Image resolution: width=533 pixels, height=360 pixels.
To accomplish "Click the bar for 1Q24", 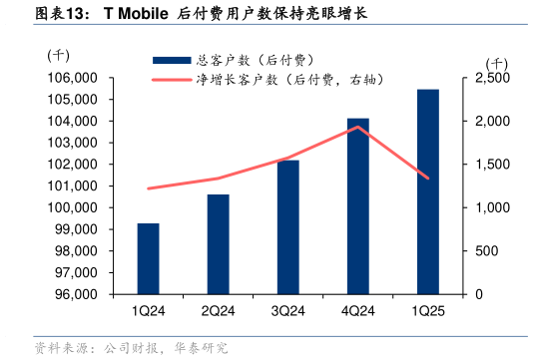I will point(148,259).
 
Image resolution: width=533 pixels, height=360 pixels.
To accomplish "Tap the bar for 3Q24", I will point(287,227).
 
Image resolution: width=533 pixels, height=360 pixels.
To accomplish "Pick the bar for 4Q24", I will point(357,206).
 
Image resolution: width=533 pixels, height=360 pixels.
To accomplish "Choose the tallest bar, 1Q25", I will point(427,191).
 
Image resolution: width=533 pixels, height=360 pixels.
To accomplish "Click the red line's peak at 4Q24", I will point(358,127).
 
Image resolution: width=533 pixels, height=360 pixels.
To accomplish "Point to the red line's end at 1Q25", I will point(428,179).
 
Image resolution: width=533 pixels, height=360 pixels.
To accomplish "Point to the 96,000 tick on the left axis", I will point(70,295).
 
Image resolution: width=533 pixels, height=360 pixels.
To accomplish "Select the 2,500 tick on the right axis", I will point(492,78).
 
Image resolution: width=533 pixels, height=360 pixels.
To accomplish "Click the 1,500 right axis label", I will point(492,165).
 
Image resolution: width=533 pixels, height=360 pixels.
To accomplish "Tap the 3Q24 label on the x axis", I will point(287,311).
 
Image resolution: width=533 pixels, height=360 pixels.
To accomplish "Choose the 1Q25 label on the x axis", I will point(427,311).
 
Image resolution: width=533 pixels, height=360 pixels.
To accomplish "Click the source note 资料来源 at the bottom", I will point(130,348).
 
